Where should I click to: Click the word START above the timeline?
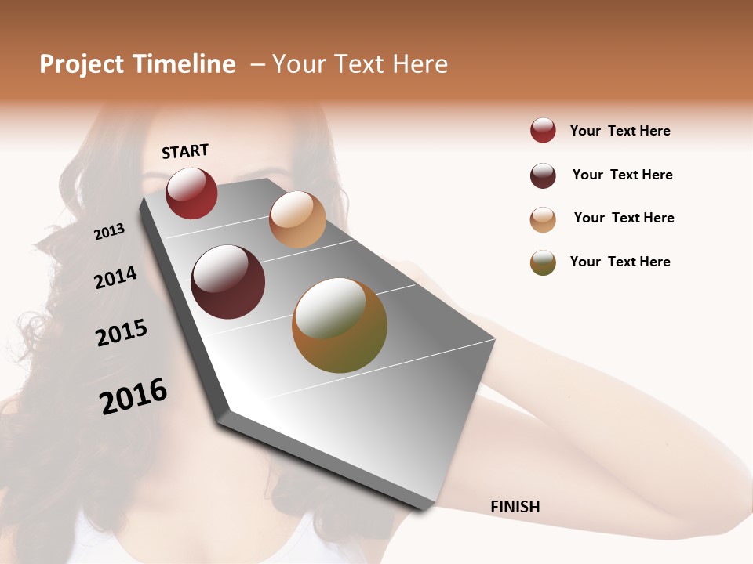[185, 151]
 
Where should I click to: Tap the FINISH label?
[515, 507]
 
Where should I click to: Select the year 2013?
[109, 231]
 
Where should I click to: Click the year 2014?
[115, 277]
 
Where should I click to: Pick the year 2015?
[122, 333]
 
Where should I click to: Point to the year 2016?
[133, 396]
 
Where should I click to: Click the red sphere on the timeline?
[191, 193]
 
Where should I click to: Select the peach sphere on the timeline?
[297, 219]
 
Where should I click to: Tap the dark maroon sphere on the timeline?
[228, 282]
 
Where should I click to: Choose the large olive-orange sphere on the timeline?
[340, 325]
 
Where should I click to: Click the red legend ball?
[543, 131]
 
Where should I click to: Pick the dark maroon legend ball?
[543, 175]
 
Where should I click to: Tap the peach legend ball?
[543, 219]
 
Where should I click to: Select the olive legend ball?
[543, 262]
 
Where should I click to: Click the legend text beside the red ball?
[620, 131]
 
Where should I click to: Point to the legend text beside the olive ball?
[620, 262]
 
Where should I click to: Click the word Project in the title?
[82, 64]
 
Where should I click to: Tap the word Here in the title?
[420, 64]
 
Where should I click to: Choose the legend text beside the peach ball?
[624, 218]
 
